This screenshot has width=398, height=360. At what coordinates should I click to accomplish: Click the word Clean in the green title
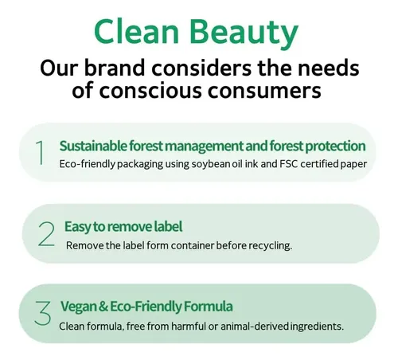click(137, 31)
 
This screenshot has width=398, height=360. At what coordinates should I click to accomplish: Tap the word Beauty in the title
click(244, 34)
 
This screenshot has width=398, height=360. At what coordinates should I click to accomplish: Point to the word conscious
click(150, 91)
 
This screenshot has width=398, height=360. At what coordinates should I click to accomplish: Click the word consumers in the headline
click(264, 91)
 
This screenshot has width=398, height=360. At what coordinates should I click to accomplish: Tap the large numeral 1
click(40, 152)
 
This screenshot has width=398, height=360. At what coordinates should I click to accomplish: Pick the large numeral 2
click(47, 234)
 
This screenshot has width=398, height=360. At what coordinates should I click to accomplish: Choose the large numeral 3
click(43, 313)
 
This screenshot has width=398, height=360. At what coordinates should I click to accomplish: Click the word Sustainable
click(93, 146)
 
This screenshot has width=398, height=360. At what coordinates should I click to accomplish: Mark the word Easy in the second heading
click(77, 227)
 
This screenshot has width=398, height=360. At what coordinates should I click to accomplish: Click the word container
click(193, 245)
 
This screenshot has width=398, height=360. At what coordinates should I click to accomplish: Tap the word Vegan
click(79, 307)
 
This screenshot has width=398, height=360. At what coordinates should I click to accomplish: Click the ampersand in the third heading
click(103, 306)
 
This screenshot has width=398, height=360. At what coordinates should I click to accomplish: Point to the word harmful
click(189, 326)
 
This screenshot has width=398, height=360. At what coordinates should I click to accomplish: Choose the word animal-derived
click(255, 326)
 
